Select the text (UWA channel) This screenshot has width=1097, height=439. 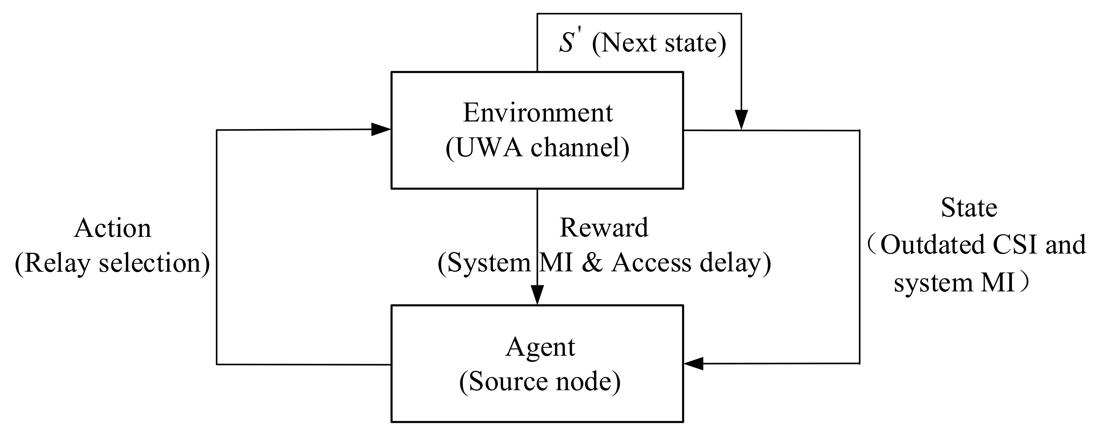[538, 148]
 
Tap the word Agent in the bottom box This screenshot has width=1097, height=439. [540, 347]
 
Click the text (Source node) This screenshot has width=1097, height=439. [540, 381]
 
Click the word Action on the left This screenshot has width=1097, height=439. [112, 229]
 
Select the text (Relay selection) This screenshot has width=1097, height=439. [112, 263]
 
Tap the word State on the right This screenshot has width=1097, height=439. [969, 208]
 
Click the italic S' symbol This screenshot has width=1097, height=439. [568, 43]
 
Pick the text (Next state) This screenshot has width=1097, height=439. [659, 43]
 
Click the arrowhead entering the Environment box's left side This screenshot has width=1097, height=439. [381, 129]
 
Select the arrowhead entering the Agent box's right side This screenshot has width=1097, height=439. [694, 364]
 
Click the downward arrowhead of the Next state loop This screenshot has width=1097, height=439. [741, 119]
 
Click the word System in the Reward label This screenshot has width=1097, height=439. [489, 263]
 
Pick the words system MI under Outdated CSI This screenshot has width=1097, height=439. [954, 283]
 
